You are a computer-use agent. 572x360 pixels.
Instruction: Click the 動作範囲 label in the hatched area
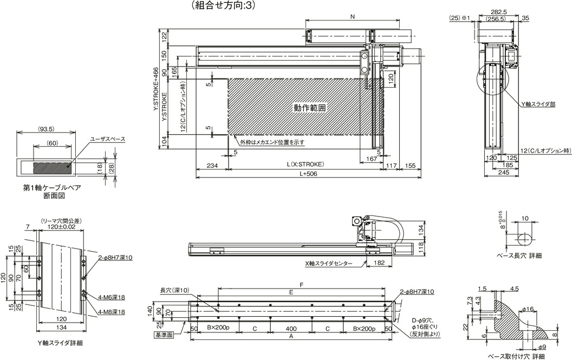click(310, 108)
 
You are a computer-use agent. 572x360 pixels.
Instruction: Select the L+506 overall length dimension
click(308, 174)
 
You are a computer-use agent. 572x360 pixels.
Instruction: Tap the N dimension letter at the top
click(352, 16)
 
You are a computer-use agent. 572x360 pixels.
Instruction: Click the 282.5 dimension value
click(499, 12)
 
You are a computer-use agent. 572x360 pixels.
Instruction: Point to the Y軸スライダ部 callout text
click(538, 104)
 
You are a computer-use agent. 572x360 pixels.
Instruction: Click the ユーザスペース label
click(108, 139)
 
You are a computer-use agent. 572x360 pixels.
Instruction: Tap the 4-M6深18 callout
click(112, 297)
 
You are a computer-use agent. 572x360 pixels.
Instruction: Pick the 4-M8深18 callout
click(112, 312)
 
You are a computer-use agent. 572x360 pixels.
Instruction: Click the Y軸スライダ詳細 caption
click(60, 343)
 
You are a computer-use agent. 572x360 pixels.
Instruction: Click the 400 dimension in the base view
click(291, 328)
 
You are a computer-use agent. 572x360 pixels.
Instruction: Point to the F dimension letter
click(302, 285)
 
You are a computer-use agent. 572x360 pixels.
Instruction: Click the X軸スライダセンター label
click(329, 263)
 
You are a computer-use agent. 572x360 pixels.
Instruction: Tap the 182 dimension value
click(379, 263)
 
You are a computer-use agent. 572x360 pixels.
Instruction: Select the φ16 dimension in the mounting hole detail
click(528, 309)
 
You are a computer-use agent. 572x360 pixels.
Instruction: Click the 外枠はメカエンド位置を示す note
click(272, 142)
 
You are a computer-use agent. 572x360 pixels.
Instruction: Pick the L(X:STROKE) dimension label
click(305, 164)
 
